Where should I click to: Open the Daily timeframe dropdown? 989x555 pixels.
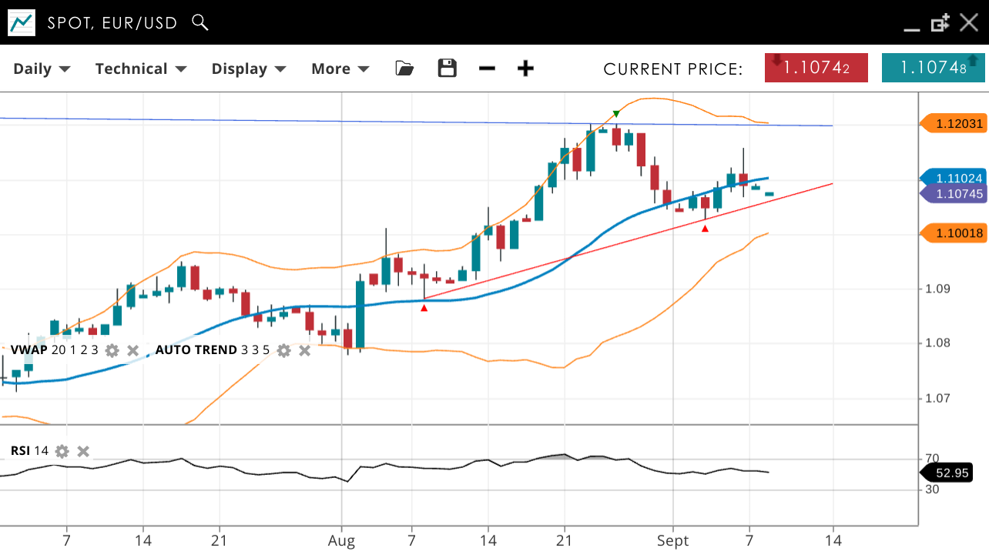(x=42, y=69)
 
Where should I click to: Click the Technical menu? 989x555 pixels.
(x=141, y=69)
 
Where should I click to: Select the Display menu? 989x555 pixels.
(x=249, y=69)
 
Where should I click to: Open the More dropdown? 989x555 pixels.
(x=340, y=69)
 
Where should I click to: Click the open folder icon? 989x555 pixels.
(x=404, y=69)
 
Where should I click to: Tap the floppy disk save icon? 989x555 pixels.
(x=447, y=69)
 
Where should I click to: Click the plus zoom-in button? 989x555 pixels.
(x=525, y=69)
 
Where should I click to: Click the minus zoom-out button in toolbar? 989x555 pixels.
(x=487, y=69)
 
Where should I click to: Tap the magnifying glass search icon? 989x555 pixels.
(x=200, y=22)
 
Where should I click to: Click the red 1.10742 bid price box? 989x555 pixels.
(x=816, y=68)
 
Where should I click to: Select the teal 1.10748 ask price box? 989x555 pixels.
(x=933, y=68)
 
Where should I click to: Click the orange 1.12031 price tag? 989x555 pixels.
(x=954, y=123)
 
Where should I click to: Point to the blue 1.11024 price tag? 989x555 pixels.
(x=955, y=178)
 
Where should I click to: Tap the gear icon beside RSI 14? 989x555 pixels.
(x=62, y=451)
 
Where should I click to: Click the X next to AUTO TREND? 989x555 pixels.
(x=305, y=350)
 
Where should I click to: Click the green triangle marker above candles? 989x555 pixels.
(x=616, y=115)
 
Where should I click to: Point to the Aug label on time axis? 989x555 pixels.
(x=342, y=541)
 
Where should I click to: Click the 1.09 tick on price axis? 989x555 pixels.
(x=938, y=289)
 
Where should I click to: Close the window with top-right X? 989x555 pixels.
(x=969, y=22)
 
